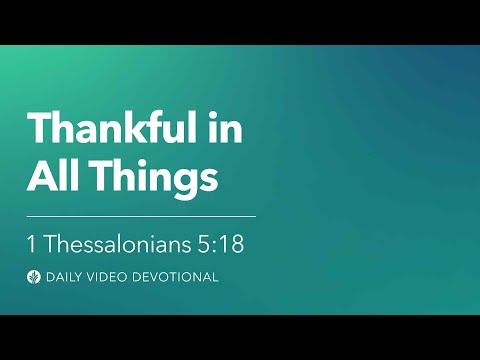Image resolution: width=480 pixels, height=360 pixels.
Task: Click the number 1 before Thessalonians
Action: coord(33,242)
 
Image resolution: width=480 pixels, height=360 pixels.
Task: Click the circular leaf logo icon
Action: coord(34,277)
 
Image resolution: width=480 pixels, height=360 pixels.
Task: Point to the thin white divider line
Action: coord(141,215)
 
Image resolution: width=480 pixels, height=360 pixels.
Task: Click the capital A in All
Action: coord(40,177)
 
